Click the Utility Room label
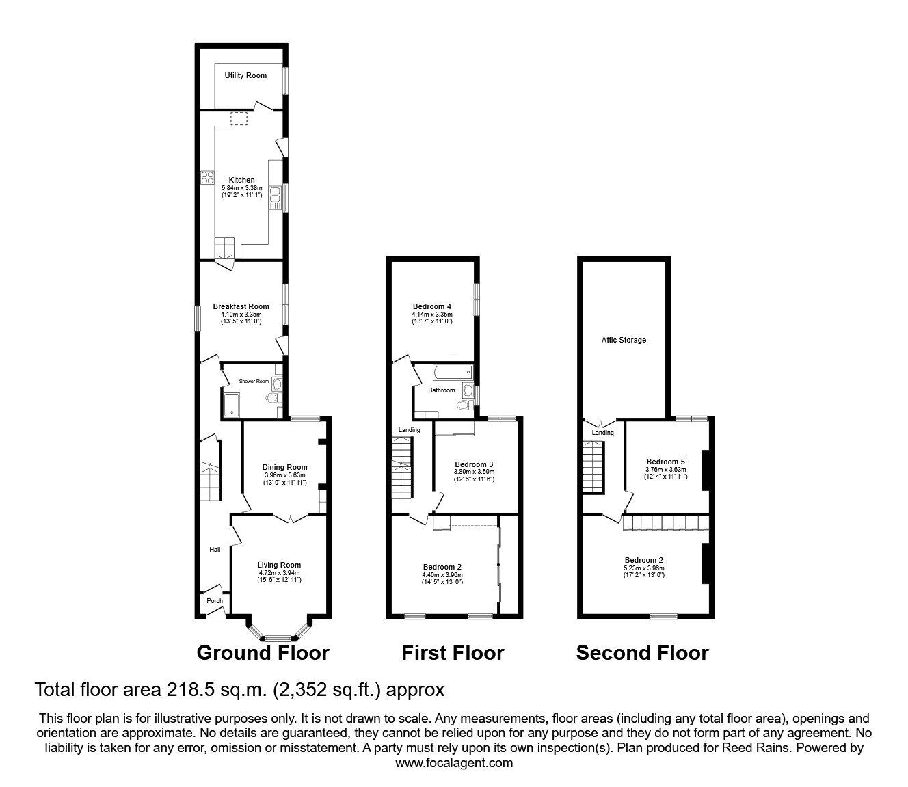(245, 76)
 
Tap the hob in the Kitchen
(207, 178)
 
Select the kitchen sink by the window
(276, 198)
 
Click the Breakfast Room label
(241, 306)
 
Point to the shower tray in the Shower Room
(232, 405)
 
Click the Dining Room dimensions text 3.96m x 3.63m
(284, 475)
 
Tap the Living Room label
(279, 565)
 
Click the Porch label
(215, 601)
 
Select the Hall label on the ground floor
(215, 549)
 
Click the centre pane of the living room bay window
(278, 637)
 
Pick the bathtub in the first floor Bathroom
(453, 372)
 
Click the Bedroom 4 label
(432, 306)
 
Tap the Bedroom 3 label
(474, 464)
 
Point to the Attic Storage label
(624, 340)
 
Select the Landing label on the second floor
(602, 433)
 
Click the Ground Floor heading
(263, 652)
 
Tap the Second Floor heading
(642, 652)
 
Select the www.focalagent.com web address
(454, 763)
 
